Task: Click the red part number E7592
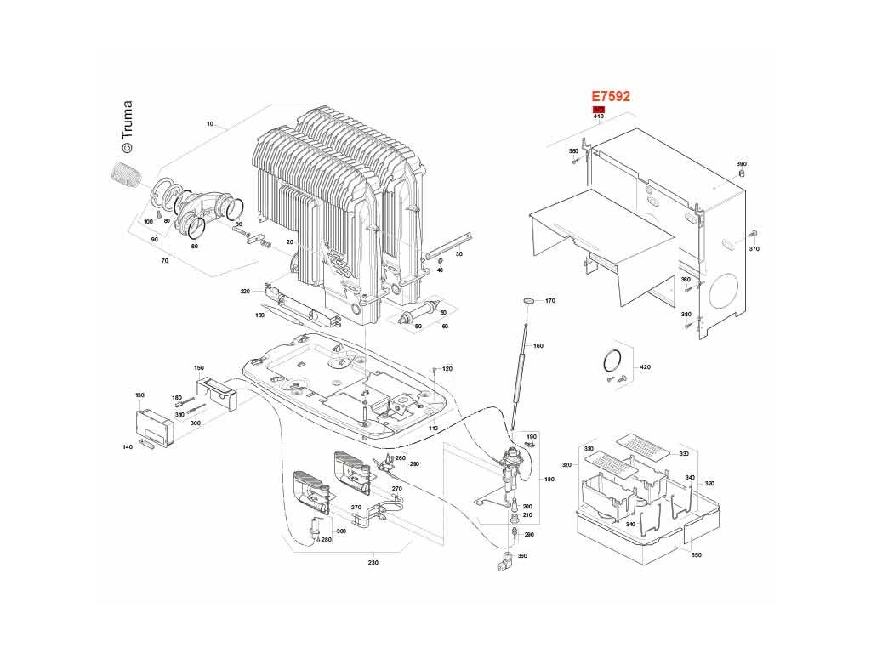(611, 97)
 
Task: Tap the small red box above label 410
(599, 110)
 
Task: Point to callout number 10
(209, 125)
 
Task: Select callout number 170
(549, 301)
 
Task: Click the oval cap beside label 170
(528, 300)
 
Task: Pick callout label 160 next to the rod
(538, 346)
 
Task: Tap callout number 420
(645, 367)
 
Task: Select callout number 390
(741, 163)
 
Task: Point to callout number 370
(754, 249)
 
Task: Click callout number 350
(696, 555)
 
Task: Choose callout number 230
(373, 563)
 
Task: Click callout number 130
(140, 395)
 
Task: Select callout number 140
(128, 446)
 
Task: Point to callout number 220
(245, 292)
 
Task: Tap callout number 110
(433, 429)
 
